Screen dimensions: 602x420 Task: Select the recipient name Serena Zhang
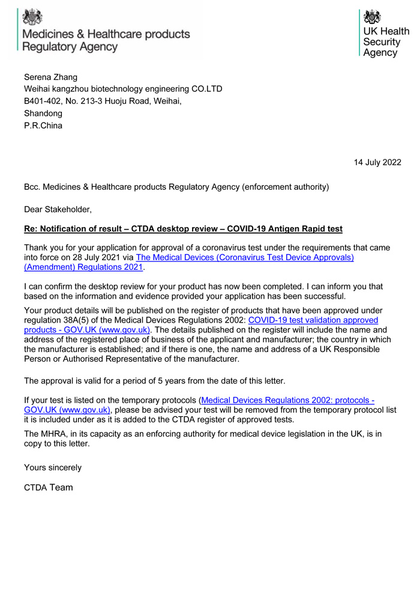click(x=50, y=77)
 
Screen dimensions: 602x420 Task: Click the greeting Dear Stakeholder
click(x=58, y=209)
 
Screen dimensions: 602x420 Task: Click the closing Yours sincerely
click(x=53, y=467)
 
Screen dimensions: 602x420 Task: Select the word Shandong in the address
click(x=43, y=114)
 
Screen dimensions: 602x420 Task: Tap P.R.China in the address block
click(x=43, y=126)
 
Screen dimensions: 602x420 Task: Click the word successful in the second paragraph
click(x=326, y=297)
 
